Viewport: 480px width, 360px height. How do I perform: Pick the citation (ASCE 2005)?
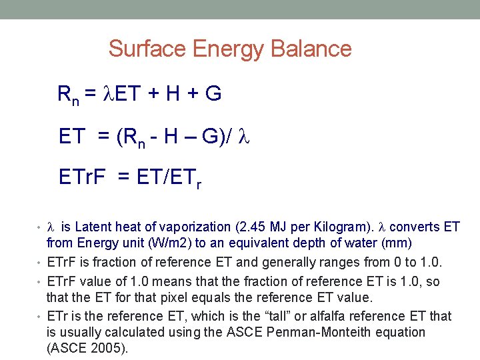(87, 348)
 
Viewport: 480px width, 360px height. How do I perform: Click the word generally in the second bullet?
(283, 262)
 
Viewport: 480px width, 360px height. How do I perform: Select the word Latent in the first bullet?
(92, 227)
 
